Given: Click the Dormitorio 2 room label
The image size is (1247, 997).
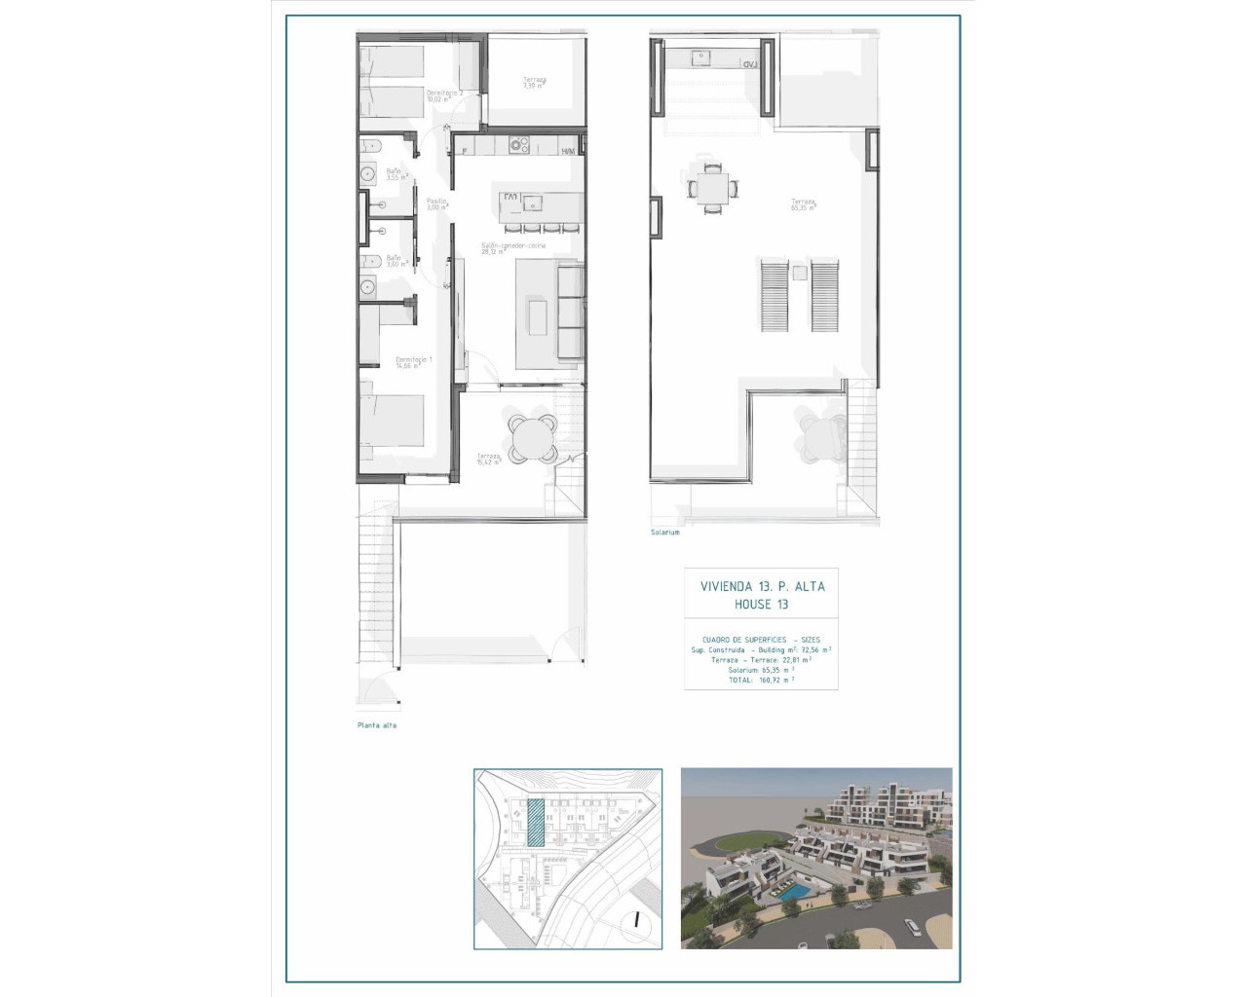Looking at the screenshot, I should [x=442, y=95].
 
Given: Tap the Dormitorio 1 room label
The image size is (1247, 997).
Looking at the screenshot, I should [x=413, y=362].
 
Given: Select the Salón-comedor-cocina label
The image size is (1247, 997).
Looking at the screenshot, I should [x=512, y=248].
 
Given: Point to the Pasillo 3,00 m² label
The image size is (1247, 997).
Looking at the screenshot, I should [x=436, y=203].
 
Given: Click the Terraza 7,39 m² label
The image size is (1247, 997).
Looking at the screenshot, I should [x=534, y=83].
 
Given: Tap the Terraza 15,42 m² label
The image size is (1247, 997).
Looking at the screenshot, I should [x=488, y=459].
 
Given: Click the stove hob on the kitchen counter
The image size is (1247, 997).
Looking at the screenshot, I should [x=519, y=146].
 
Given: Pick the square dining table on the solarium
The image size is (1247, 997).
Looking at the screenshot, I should [x=713, y=185].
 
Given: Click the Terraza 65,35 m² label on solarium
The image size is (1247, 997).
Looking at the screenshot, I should [x=803, y=204].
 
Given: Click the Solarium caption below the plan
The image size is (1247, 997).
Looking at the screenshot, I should [x=665, y=533].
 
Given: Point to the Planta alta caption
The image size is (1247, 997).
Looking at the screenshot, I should [x=376, y=725].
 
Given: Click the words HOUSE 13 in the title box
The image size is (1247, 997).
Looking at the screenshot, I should [x=762, y=605].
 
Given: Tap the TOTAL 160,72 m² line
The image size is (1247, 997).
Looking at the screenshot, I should [x=761, y=680].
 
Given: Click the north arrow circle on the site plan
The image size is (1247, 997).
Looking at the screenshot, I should [x=636, y=918].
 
